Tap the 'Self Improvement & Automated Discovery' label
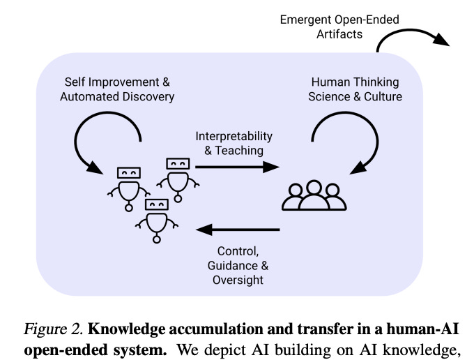tap(117, 89)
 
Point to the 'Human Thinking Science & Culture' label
tap(355, 89)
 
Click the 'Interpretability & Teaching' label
tap(234, 142)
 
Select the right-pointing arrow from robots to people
tap(237, 167)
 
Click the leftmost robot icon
tap(127, 186)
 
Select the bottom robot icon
tap(155, 218)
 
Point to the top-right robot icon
tap(177, 177)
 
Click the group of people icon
tap(313, 196)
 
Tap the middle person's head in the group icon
tap(313, 188)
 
